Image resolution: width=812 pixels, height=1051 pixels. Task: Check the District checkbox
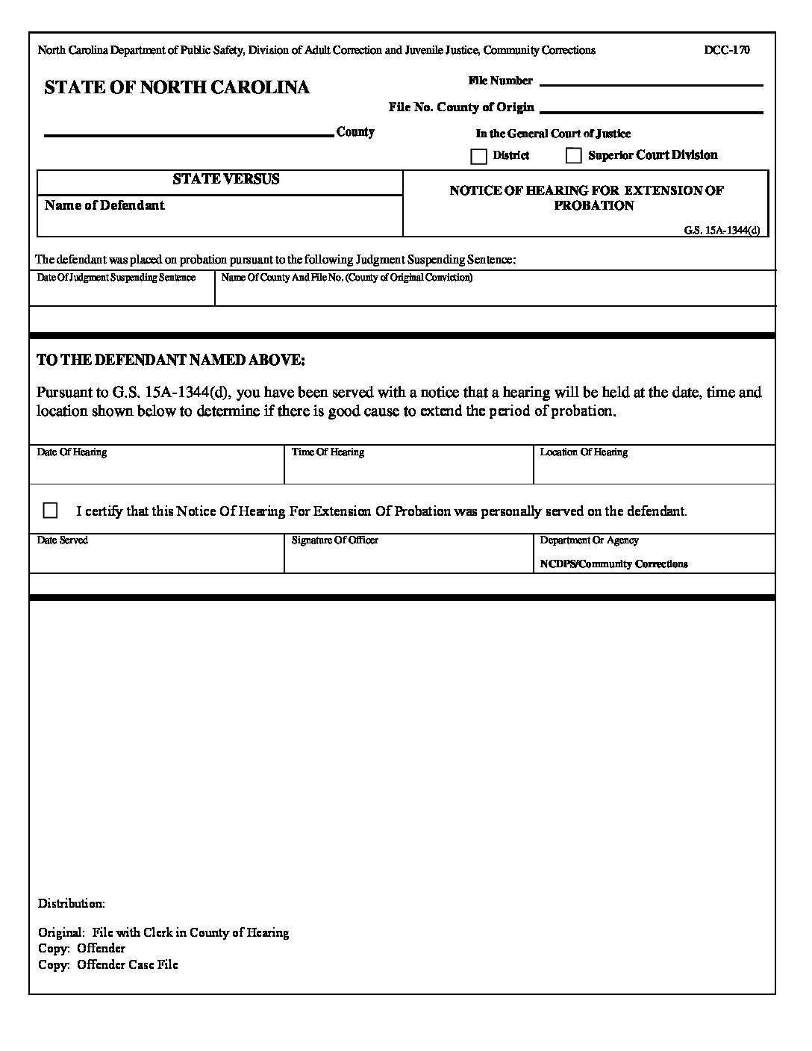478,157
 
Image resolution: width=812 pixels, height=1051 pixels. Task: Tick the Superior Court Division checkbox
573,156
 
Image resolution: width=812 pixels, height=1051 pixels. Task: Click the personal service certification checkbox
51,511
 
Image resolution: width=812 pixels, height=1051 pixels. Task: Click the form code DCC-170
726,50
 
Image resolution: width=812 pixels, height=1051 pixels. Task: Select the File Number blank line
650,82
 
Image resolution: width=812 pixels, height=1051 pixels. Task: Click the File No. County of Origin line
650,109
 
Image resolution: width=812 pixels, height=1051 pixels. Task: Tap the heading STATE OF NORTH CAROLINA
177,87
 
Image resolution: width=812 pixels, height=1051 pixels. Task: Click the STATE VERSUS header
225,179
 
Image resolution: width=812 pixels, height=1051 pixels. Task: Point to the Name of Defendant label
104,205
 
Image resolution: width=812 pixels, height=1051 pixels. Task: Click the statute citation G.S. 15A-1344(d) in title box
721,230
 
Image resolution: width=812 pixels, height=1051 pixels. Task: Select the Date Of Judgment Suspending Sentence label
116,278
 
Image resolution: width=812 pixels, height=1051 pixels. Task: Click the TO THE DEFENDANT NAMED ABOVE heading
171,360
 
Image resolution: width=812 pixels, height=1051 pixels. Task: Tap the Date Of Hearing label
72,452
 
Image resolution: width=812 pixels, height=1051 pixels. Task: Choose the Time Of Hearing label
328,452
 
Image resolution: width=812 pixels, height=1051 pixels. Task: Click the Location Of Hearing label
584,452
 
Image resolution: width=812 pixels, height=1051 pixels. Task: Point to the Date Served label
63,540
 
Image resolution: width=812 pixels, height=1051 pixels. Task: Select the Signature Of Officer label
335,540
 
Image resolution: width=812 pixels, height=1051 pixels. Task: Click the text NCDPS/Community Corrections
613,564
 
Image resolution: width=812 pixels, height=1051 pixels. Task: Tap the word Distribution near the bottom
72,904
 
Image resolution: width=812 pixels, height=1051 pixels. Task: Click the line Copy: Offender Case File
108,965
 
